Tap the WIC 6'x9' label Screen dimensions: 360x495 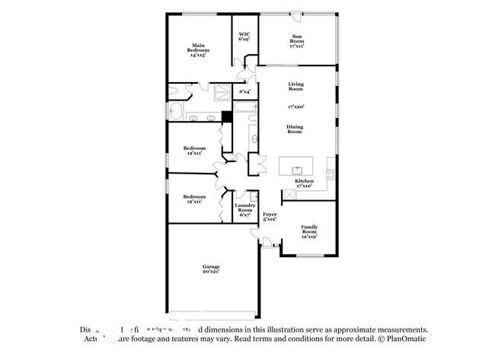(244, 37)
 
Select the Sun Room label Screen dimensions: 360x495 (296, 41)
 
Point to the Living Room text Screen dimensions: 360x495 (296, 86)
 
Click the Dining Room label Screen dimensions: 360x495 (296, 129)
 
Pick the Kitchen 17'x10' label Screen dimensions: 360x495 (305, 183)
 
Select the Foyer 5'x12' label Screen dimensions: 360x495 (270, 218)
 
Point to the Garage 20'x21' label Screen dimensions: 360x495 (211, 269)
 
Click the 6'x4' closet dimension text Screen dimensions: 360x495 (244, 92)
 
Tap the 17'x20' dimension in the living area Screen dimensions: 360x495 (296, 107)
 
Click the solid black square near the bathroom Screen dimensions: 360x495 (225, 116)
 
